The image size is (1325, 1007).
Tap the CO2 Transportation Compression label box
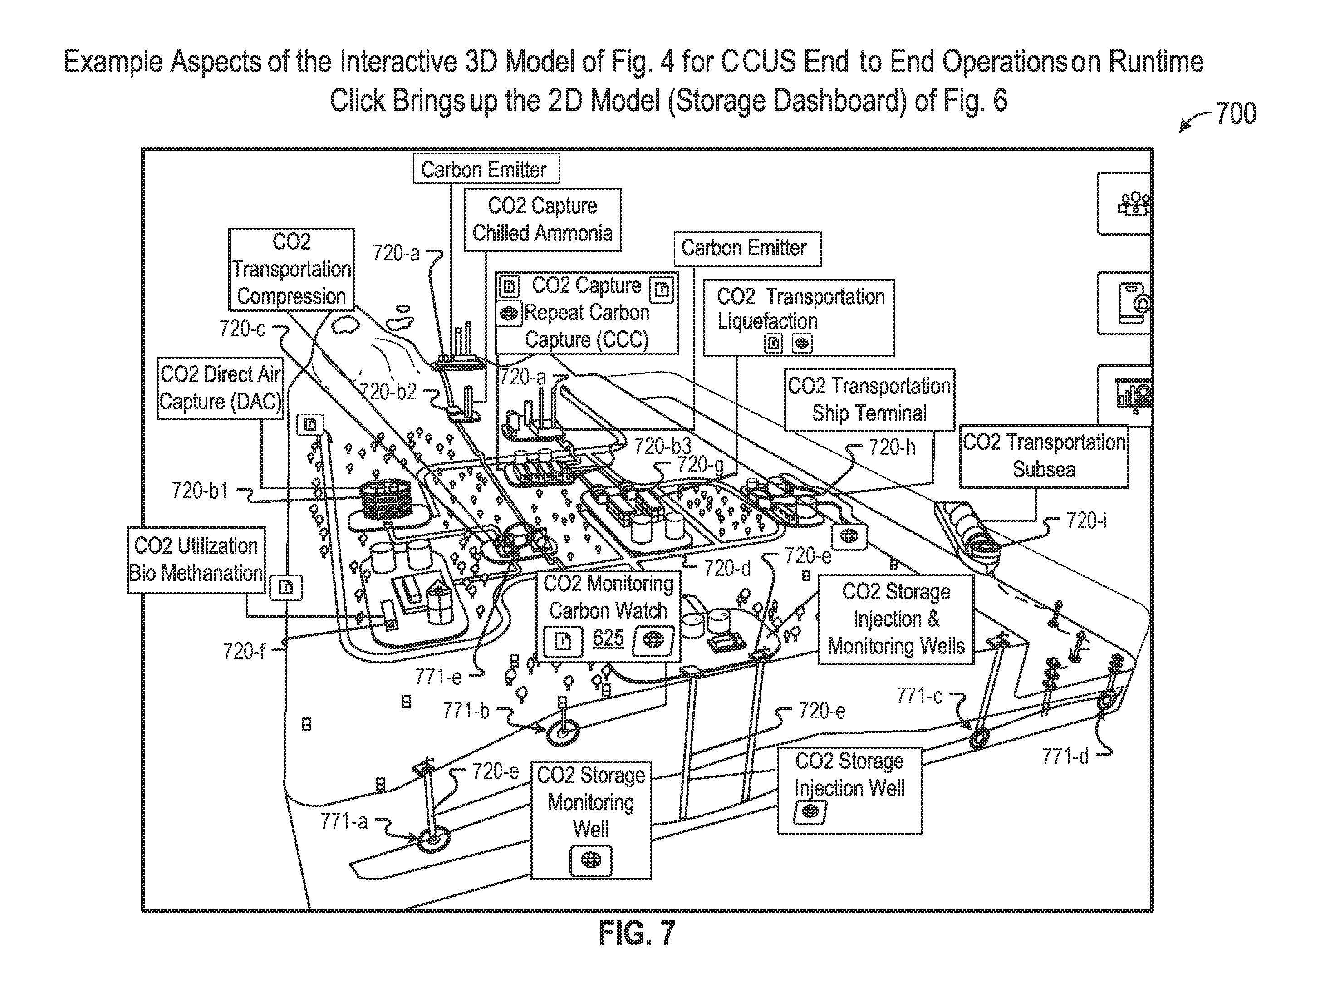(x=292, y=269)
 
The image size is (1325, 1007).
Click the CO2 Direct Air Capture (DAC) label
(x=221, y=388)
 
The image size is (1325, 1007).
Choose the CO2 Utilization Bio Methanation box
(x=196, y=560)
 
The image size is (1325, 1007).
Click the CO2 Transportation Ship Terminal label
(x=869, y=400)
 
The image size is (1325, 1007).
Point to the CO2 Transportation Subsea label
(x=1044, y=456)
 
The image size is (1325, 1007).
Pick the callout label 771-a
(x=344, y=821)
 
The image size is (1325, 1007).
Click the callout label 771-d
(x=1065, y=756)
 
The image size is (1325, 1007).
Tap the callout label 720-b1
(x=200, y=491)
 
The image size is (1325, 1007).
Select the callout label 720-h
(x=892, y=447)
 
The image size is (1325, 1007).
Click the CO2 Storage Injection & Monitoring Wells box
(x=896, y=619)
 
